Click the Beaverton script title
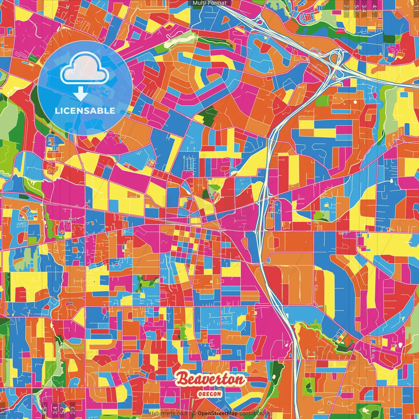[211, 379]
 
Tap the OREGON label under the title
[209, 394]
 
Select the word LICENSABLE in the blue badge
[85, 111]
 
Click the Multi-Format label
[209, 3]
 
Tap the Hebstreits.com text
[168, 413]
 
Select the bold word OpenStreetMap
[218, 413]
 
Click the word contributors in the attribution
[254, 413]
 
